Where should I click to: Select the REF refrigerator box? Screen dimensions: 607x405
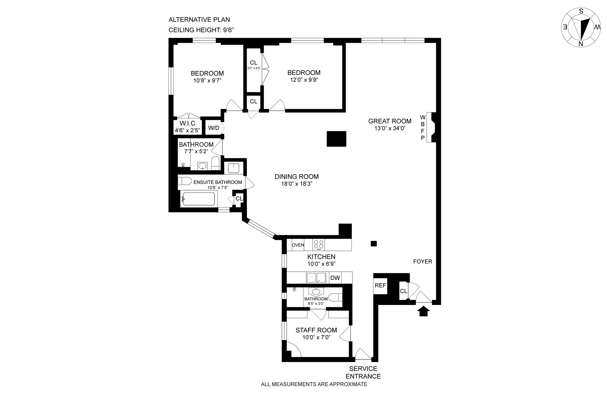click(x=380, y=286)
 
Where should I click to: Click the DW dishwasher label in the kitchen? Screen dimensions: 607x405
click(x=335, y=278)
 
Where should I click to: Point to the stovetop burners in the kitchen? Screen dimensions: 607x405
click(x=319, y=245)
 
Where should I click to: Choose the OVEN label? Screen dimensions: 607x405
click(x=298, y=245)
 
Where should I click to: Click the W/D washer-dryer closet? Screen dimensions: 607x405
click(x=213, y=128)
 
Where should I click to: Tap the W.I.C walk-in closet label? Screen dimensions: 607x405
click(x=187, y=123)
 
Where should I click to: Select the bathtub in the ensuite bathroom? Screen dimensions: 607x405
click(x=199, y=199)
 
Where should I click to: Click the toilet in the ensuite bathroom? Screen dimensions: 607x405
click(x=185, y=181)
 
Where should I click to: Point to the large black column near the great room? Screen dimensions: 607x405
click(x=336, y=139)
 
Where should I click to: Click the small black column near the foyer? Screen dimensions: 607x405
click(x=374, y=244)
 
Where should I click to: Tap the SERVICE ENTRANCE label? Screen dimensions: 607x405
click(x=363, y=372)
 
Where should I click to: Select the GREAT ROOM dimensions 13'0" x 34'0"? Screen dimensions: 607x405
click(x=390, y=128)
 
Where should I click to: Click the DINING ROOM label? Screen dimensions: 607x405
click(x=297, y=177)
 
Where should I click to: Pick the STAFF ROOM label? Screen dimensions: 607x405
click(x=316, y=330)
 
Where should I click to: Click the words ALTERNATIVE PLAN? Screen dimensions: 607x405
click(x=199, y=20)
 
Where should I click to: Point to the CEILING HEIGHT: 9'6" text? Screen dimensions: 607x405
click(x=201, y=30)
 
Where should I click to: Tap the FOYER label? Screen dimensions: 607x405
click(x=422, y=261)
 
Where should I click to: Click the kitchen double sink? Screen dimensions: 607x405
click(x=316, y=278)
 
